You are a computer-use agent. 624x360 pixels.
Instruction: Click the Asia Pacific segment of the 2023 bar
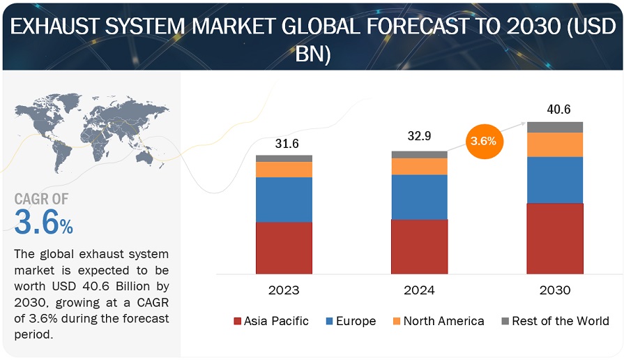[x=284, y=248]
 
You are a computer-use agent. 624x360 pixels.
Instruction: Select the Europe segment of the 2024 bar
[x=419, y=197]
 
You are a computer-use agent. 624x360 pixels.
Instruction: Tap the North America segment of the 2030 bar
[x=555, y=144]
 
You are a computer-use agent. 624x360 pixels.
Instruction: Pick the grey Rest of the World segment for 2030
[x=555, y=127]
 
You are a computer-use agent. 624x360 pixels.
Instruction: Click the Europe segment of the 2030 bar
[x=555, y=180]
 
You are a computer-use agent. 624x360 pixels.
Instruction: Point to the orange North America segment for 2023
[x=284, y=170]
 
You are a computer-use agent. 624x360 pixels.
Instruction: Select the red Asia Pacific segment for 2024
[x=419, y=246]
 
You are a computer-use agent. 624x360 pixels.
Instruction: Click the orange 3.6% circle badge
[x=483, y=141]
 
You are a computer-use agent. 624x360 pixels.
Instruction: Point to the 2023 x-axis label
[x=284, y=290]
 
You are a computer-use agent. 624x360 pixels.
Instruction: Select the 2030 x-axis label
[x=555, y=290]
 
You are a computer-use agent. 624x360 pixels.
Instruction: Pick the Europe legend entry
[x=351, y=321]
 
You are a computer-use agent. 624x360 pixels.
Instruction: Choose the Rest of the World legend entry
[x=555, y=321]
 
